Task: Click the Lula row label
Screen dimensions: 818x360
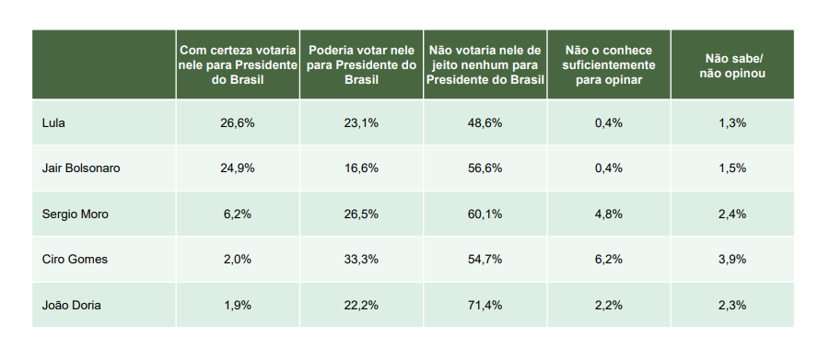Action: tap(53, 123)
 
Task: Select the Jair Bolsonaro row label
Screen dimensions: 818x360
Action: tap(81, 168)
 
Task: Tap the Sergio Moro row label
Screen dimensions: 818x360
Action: tap(76, 215)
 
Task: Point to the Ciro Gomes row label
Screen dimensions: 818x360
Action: tap(75, 260)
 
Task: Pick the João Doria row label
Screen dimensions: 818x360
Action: tap(72, 306)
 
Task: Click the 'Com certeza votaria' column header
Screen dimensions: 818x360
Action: tap(238, 65)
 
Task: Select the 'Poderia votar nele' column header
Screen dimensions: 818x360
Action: tap(361, 65)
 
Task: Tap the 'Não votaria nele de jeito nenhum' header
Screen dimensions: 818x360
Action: tap(485, 65)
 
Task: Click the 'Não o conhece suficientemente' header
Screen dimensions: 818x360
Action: tap(608, 65)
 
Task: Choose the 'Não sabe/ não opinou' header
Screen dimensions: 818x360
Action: tap(732, 65)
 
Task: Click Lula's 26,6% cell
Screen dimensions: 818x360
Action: tap(238, 123)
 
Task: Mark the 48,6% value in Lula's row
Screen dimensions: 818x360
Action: tap(485, 123)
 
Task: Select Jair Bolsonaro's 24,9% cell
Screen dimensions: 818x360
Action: tap(238, 168)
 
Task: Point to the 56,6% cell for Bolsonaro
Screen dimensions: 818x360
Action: tap(485, 168)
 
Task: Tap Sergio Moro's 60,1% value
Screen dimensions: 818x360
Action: tap(485, 215)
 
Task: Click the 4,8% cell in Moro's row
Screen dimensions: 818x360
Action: tap(609, 215)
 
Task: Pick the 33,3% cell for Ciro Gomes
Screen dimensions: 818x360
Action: tap(361, 260)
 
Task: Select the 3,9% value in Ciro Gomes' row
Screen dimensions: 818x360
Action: tap(732, 260)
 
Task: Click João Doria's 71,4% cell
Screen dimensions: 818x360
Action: tap(485, 306)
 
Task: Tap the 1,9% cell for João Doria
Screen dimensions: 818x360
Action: tap(238, 306)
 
